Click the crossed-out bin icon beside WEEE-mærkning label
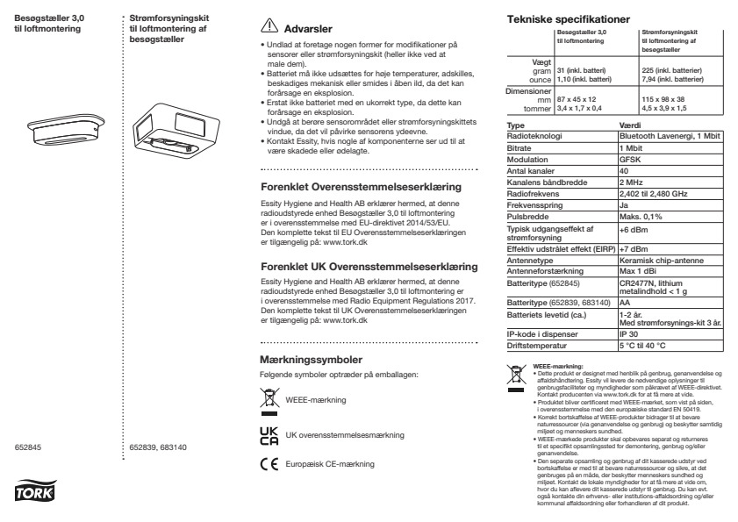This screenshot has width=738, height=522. pyautogui.click(x=270, y=400)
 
